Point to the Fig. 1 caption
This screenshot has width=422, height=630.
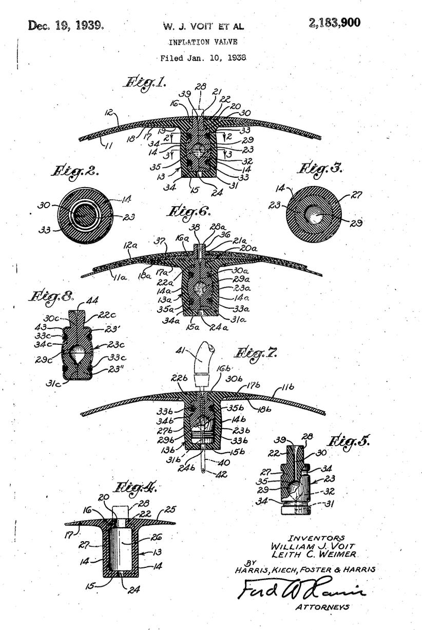[145, 82]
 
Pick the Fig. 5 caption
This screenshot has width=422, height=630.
[350, 441]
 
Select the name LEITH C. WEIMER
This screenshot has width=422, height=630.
[315, 554]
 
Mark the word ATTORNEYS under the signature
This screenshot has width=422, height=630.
[322, 607]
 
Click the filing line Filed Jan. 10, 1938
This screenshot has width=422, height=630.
[203, 58]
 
